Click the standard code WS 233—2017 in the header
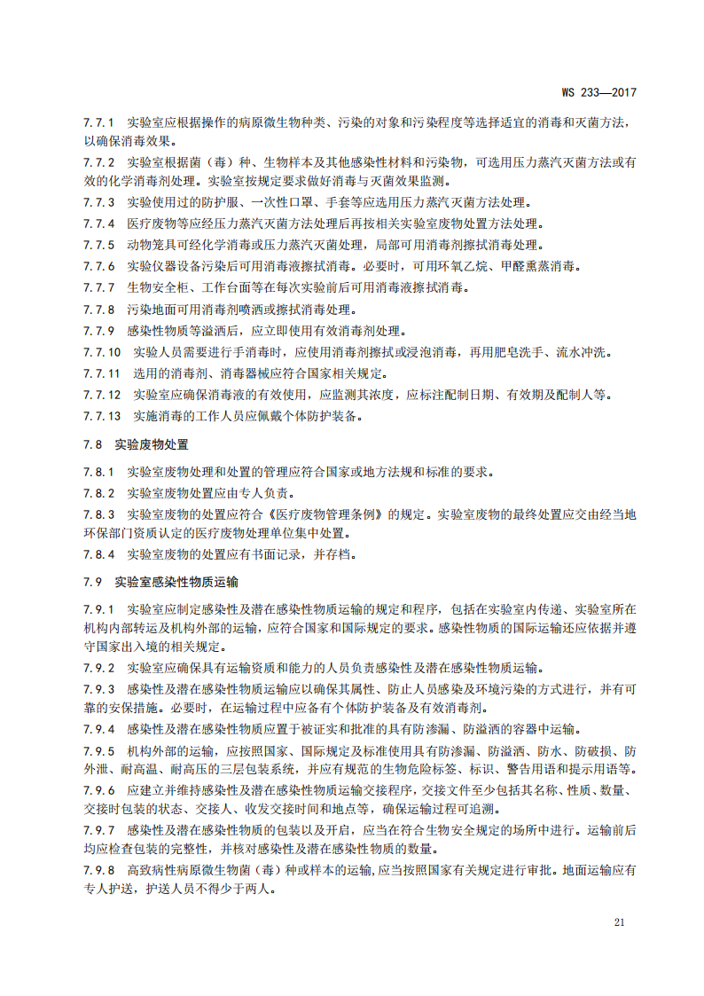pyautogui.click(x=600, y=91)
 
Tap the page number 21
pyautogui.click(x=620, y=922)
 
